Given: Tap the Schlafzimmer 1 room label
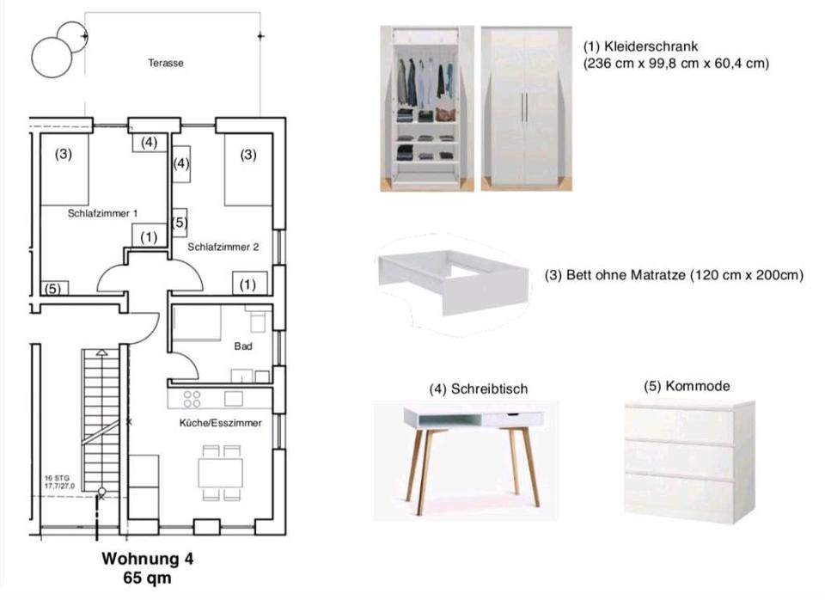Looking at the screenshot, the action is click(x=103, y=213).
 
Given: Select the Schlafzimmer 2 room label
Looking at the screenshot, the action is click(x=223, y=247).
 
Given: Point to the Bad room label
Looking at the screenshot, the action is click(x=242, y=348).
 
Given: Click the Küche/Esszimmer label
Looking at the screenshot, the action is click(x=220, y=423).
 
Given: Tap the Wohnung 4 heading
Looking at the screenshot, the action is click(x=148, y=558).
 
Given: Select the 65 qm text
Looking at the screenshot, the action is click(x=148, y=577).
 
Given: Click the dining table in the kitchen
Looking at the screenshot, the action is click(x=220, y=472).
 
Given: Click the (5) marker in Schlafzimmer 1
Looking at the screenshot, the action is click(x=53, y=289).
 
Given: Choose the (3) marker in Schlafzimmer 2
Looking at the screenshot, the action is click(x=248, y=156).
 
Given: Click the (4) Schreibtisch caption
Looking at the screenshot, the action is click(x=479, y=389).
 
